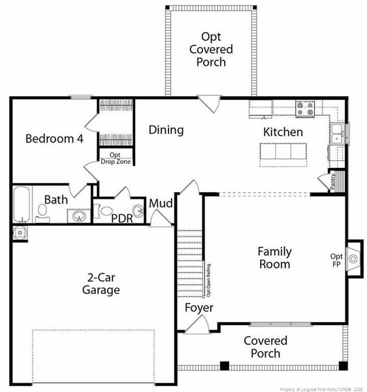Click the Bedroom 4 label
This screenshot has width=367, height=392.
click(x=54, y=139)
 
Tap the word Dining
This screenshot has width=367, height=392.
click(x=166, y=130)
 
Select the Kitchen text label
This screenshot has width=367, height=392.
click(x=283, y=132)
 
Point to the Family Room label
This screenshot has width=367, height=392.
click(x=274, y=257)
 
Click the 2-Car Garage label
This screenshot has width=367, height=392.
click(x=101, y=283)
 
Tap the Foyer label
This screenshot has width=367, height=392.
click(x=199, y=307)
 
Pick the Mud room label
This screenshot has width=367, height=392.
click(x=161, y=204)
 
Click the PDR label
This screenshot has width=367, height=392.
click(x=122, y=218)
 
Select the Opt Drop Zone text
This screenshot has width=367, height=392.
click(x=114, y=157)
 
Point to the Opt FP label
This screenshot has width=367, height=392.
click(x=336, y=259)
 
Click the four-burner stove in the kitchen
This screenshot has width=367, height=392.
click(x=305, y=108)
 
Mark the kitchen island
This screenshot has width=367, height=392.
click(x=282, y=152)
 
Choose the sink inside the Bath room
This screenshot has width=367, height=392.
click(x=79, y=216)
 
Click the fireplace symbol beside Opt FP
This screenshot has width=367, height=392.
click(x=353, y=259)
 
